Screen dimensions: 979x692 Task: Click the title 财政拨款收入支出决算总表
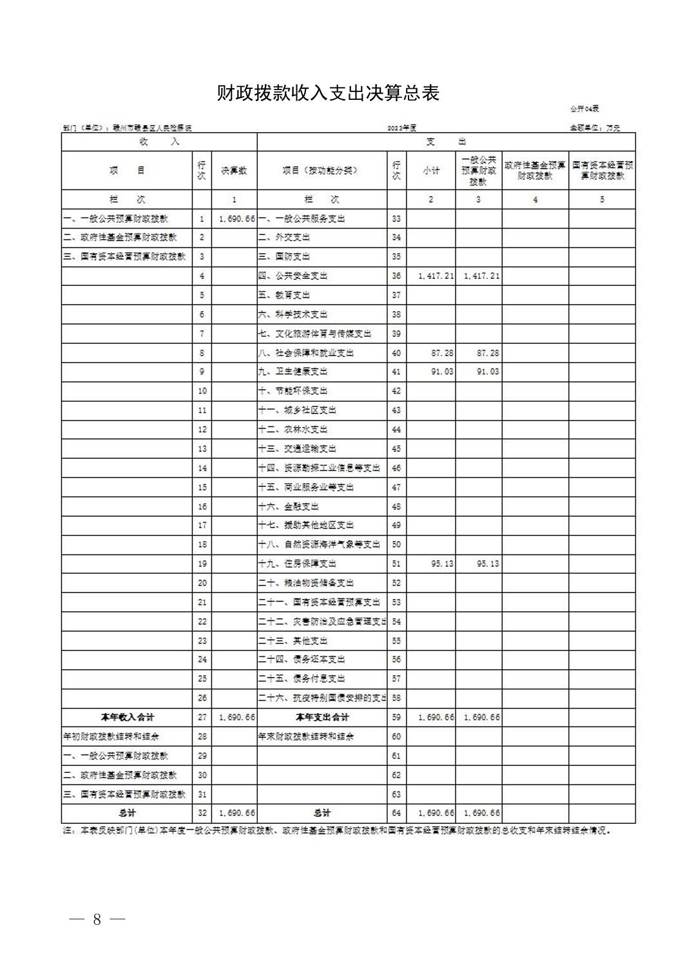[x=328, y=94]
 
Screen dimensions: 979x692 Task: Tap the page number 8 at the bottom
[x=97, y=919]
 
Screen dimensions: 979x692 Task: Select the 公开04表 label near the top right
[x=584, y=109]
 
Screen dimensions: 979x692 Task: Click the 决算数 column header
[x=234, y=171]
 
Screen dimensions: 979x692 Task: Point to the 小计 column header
[x=431, y=171]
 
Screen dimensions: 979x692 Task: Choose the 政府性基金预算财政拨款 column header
[x=535, y=171]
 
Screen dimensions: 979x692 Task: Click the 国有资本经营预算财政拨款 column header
[x=602, y=171]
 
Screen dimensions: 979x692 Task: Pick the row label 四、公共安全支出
[x=293, y=276]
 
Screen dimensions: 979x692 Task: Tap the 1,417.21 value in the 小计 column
[x=436, y=276]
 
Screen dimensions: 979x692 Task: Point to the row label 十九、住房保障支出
[x=298, y=564]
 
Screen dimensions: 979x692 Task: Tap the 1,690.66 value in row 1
[x=237, y=219]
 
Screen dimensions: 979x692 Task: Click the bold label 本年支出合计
[x=322, y=717]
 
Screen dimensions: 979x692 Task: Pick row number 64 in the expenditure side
[x=396, y=813]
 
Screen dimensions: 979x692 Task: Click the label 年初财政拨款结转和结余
[x=111, y=736]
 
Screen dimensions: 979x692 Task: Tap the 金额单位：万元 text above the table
[x=594, y=128]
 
